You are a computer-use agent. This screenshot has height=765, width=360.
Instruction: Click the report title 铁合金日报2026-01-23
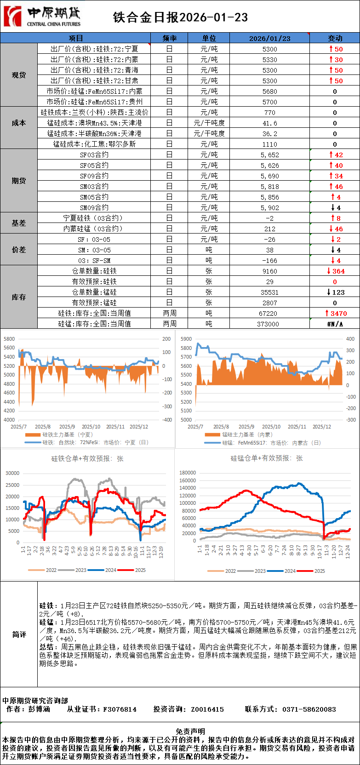click(x=180, y=17)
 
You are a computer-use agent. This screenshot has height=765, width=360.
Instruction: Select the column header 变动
click(x=335, y=38)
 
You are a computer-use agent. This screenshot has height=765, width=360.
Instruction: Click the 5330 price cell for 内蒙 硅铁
click(x=270, y=60)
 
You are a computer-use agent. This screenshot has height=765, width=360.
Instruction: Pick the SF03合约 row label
click(x=94, y=155)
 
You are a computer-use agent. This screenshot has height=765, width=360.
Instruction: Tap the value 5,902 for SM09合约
click(x=270, y=208)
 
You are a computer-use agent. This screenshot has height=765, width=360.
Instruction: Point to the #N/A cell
click(x=335, y=324)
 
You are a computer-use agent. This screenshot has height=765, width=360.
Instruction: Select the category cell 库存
click(x=19, y=297)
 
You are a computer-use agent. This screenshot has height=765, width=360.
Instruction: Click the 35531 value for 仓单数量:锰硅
click(x=270, y=292)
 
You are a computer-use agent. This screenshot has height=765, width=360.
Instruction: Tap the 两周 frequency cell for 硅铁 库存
click(x=169, y=314)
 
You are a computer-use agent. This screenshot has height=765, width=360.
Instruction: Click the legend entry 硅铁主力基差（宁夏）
click(x=67, y=434)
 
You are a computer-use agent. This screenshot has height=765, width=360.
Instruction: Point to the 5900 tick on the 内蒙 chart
click(x=186, y=339)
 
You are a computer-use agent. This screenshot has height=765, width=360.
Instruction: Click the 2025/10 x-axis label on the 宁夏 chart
click(x=91, y=427)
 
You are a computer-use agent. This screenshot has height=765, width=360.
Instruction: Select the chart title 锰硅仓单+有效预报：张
click(x=267, y=458)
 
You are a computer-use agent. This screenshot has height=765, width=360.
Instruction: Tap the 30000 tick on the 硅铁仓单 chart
click(x=12, y=473)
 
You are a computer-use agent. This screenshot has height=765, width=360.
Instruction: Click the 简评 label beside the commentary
click(x=19, y=634)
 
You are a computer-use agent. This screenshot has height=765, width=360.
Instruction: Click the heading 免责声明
click(x=190, y=731)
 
